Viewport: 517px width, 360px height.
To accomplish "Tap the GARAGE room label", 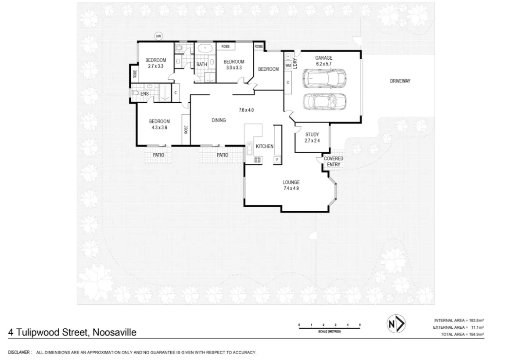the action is coord(323,58).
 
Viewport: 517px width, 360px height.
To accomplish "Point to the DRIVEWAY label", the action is coord(400,81).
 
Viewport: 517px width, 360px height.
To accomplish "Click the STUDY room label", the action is coord(312,134).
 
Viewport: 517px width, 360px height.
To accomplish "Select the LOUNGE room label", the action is coord(291,182).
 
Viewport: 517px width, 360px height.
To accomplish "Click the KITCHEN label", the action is coord(265,146).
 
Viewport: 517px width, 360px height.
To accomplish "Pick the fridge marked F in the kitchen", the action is coord(277,159).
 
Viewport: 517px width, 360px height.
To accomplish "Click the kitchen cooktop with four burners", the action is coord(258,159).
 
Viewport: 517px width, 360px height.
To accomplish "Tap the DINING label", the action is coord(219,120).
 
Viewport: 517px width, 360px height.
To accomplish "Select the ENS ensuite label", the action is coord(144,94).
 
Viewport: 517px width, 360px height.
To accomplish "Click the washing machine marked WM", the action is coord(288,65).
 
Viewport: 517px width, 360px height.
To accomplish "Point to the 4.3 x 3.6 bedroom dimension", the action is coord(159,128).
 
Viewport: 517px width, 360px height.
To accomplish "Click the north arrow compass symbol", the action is coord(395,324).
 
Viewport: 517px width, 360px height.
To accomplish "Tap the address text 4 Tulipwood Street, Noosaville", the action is coord(72,332).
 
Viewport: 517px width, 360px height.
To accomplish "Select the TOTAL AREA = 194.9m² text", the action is coord(462,335).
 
